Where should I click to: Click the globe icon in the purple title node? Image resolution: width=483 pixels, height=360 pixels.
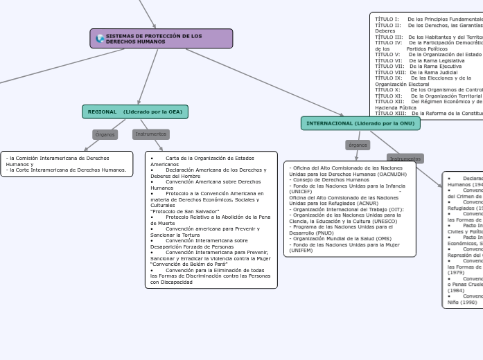tap(100, 39)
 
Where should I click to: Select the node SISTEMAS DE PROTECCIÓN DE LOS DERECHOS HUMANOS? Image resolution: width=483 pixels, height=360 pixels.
tap(161, 39)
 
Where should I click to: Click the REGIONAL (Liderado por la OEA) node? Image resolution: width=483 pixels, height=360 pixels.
tap(135, 111)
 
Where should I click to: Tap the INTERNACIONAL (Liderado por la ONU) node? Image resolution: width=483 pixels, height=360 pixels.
tap(360, 123)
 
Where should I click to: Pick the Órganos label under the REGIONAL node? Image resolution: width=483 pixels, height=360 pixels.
tap(105, 134)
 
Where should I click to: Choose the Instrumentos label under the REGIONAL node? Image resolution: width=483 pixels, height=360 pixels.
tap(150, 134)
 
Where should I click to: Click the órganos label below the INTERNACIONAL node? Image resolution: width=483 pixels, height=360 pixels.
tap(358, 145)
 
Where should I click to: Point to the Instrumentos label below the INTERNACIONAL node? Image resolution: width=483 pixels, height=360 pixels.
tap(405, 159)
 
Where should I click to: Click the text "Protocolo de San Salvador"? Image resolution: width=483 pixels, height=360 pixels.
tap(184, 211)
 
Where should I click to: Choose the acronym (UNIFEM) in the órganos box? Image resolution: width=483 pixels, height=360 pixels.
tap(301, 250)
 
